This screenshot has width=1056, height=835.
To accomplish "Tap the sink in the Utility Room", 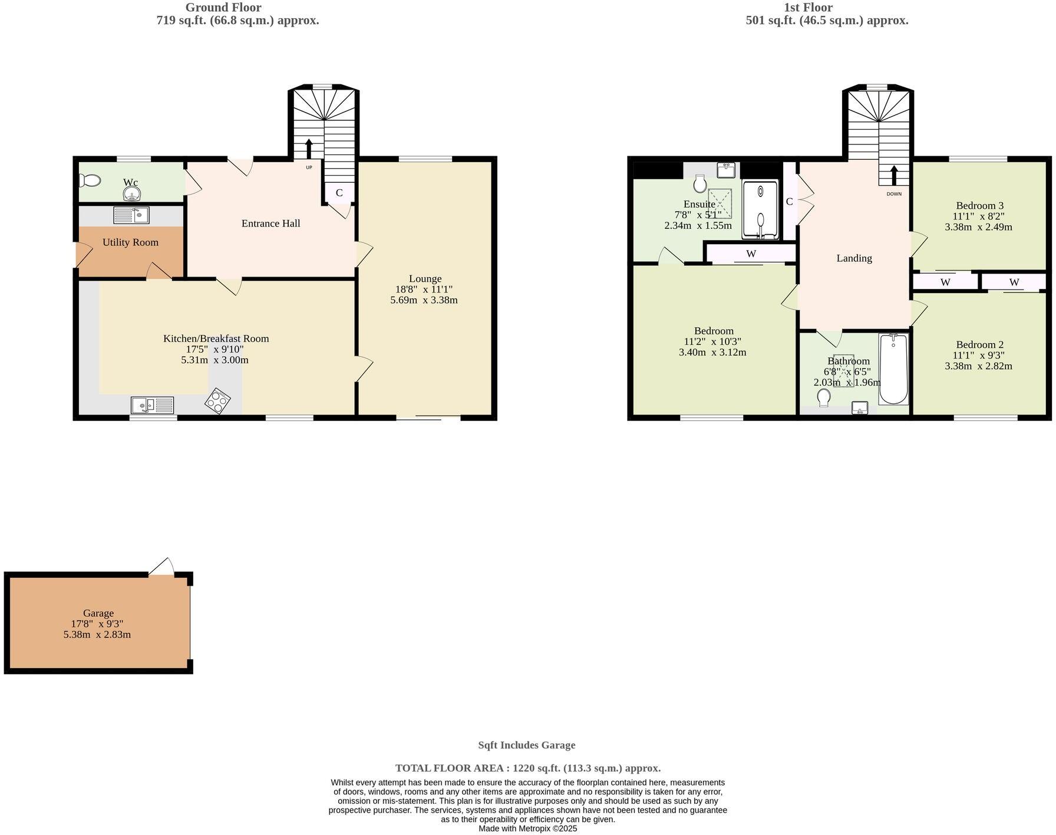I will pyautogui.click(x=131, y=215).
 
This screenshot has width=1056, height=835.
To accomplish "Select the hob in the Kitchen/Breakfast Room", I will pyautogui.click(x=217, y=401).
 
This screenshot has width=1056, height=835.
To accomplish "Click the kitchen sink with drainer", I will pyautogui.click(x=153, y=405).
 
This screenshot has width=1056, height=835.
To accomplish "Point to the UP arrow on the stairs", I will pyautogui.click(x=308, y=149).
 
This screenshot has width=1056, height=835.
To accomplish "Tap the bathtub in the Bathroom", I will pyautogui.click(x=893, y=369).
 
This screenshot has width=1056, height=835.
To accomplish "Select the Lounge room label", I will pyautogui.click(x=425, y=278).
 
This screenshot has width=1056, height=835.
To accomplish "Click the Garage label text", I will pyautogui.click(x=98, y=613).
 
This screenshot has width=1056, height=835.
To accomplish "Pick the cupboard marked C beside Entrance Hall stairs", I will pyautogui.click(x=339, y=193).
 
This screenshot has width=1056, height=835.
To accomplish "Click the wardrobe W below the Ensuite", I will pyautogui.click(x=751, y=254).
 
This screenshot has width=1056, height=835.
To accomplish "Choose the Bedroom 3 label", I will pyautogui.click(x=979, y=205).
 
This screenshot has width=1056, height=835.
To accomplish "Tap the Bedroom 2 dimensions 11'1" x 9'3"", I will pyautogui.click(x=978, y=355).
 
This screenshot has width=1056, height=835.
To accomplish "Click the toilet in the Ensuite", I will pyautogui.click(x=700, y=183).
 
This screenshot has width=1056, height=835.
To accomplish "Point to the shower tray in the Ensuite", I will pyautogui.click(x=760, y=209).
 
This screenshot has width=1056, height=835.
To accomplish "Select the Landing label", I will pyautogui.click(x=854, y=258).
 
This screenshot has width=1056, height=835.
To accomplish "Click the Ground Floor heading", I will pyautogui.click(x=223, y=8).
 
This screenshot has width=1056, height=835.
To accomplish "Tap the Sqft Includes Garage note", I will pyautogui.click(x=526, y=745).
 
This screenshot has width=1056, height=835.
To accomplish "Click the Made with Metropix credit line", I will pyautogui.click(x=527, y=829).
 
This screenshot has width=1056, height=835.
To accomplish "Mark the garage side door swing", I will pyautogui.click(x=163, y=566).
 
